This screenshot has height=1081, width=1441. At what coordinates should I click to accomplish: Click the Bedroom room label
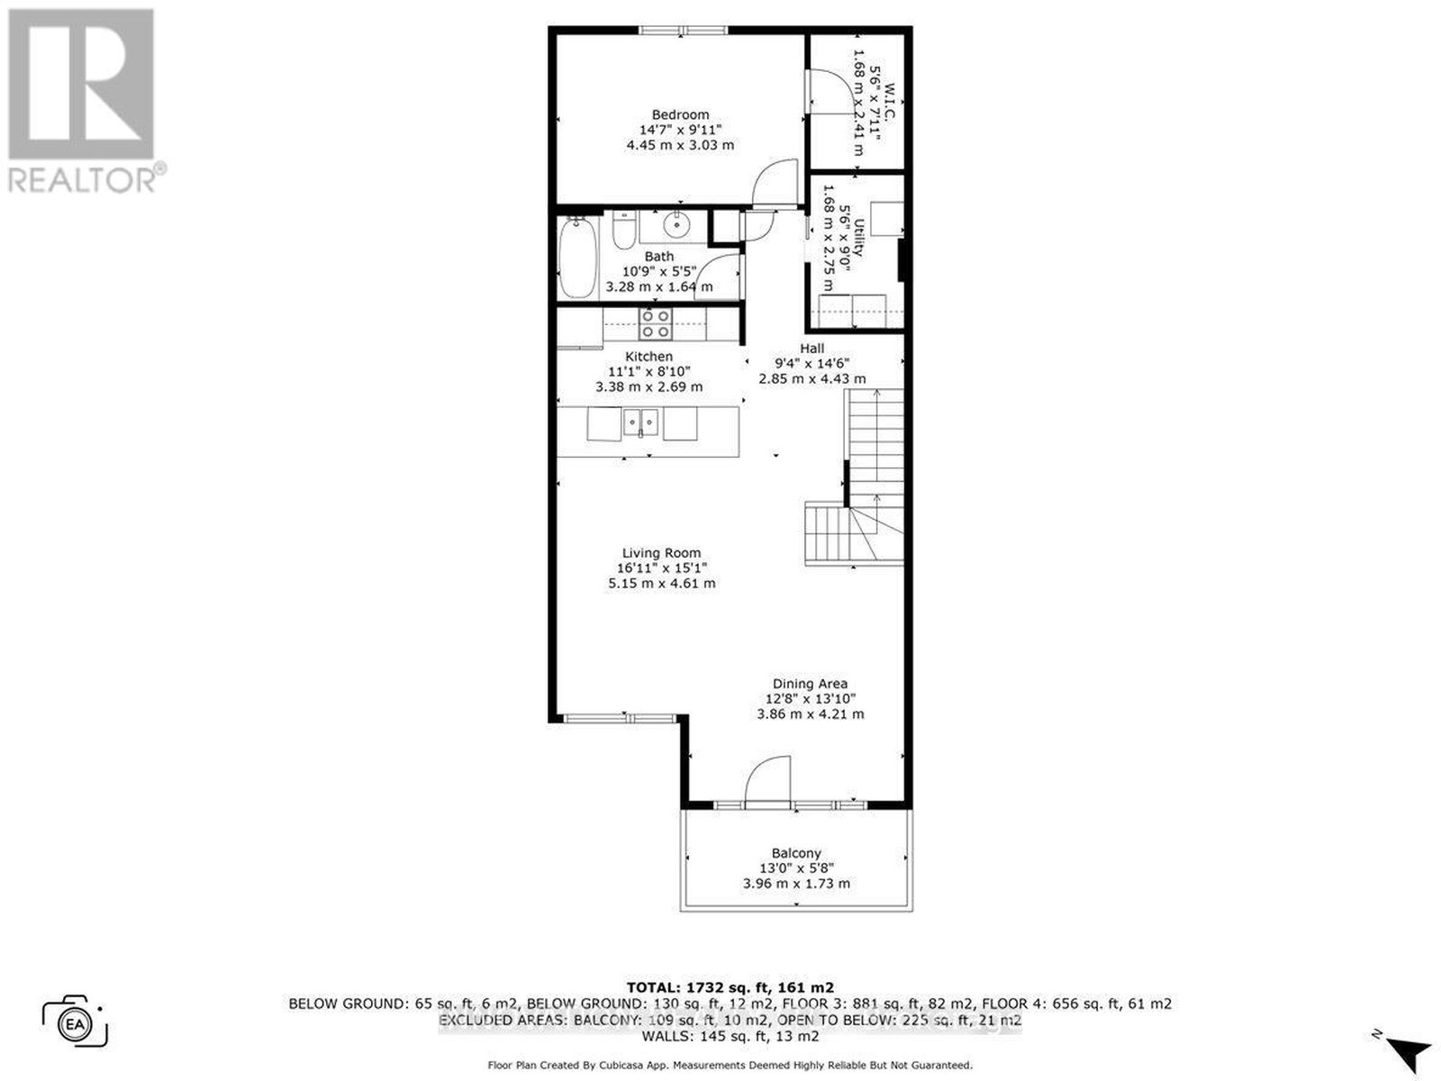coord(680,114)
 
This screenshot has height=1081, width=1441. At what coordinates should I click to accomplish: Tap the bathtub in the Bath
coord(578,258)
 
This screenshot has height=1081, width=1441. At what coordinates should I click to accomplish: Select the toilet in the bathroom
coord(623,230)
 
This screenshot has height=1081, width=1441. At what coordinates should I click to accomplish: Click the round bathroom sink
coord(675,226)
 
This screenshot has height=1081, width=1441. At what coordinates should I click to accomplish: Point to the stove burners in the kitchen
coord(656,323)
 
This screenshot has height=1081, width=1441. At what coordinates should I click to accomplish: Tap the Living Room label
coord(661,552)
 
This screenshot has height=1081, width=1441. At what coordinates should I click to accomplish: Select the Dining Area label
coord(810,684)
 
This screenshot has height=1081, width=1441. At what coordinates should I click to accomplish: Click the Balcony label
coord(796,853)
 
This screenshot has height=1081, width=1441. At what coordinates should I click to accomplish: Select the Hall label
coord(812,349)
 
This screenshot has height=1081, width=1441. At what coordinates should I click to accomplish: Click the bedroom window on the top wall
coord(684,30)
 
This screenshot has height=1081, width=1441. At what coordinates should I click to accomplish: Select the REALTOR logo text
coord(82,180)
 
